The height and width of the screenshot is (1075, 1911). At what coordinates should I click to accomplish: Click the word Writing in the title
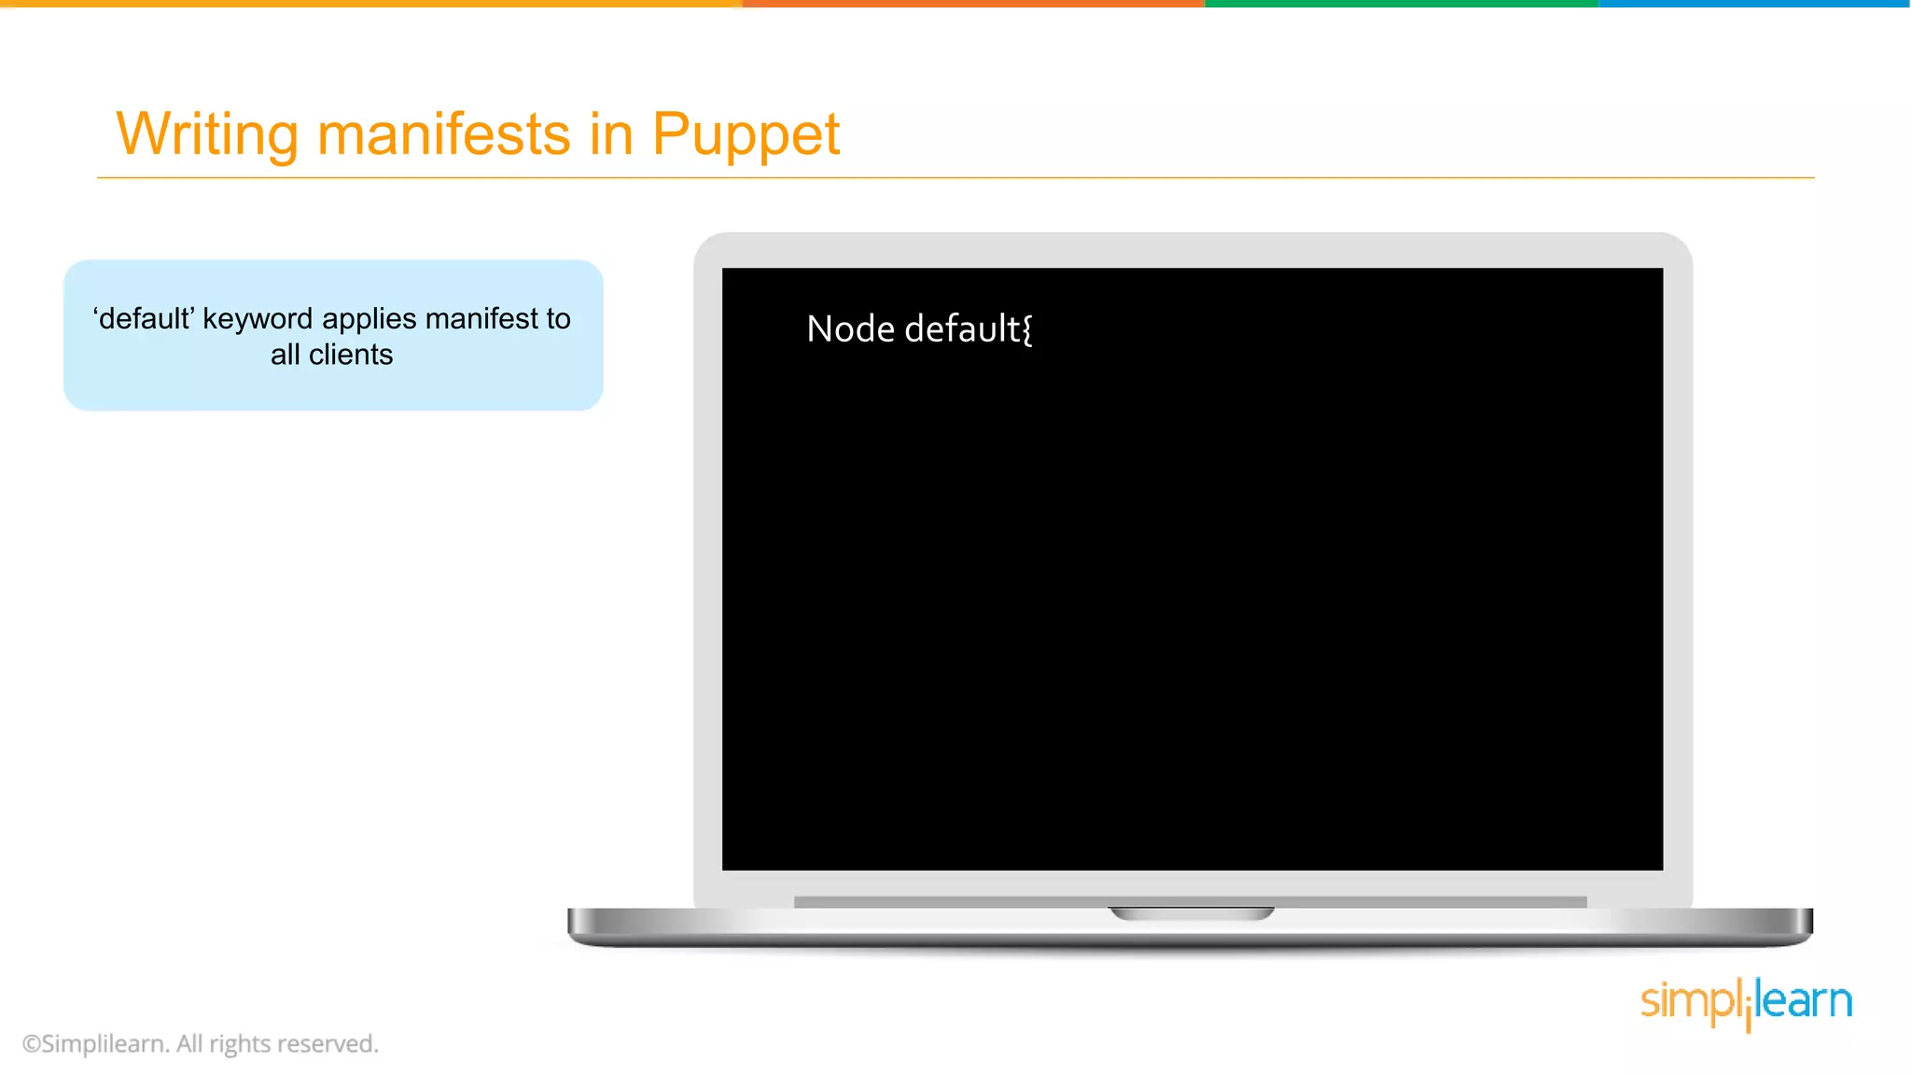coord(206,134)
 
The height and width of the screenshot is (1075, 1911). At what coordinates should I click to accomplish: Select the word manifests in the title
coord(443,134)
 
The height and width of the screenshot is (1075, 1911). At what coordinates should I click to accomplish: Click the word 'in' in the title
coord(611,134)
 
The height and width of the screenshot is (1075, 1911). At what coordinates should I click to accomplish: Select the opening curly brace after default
coord(1027,330)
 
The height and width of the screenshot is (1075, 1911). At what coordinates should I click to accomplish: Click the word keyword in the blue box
coord(258,319)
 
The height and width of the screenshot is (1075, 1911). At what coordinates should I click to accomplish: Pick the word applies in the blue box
coord(369,319)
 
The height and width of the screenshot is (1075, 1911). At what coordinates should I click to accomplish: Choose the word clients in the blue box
coord(351,356)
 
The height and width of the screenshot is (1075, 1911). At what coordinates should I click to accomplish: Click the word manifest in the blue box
coord(481,319)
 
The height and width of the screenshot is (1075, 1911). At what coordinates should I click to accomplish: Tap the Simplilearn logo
coord(1746,1002)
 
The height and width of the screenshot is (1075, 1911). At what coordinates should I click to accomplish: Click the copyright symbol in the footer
coord(32,1044)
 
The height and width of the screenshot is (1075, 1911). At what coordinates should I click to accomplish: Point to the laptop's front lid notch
coord(1191,913)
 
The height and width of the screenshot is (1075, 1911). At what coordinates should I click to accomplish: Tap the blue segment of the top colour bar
coord(1754,4)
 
